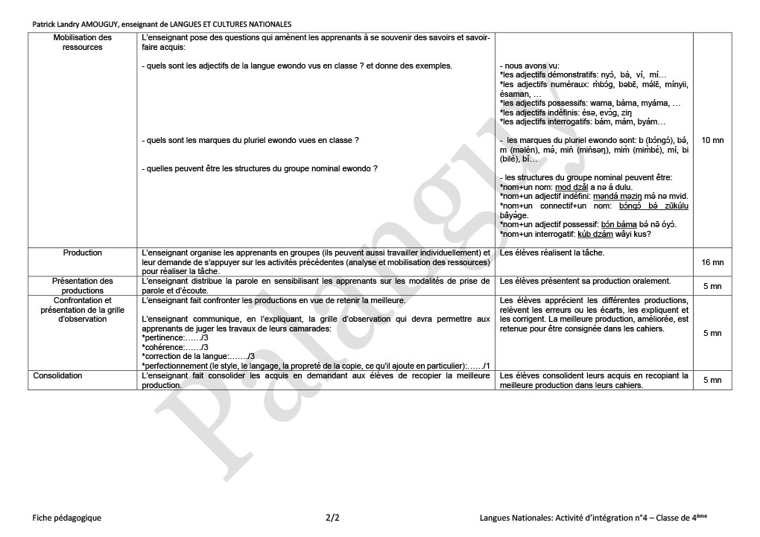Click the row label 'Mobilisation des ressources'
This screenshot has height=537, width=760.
[x=83, y=42]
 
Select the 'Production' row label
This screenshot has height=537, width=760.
[x=83, y=252]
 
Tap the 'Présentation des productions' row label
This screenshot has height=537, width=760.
[x=83, y=286]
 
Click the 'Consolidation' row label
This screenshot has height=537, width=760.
[x=57, y=375]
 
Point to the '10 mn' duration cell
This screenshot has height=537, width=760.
[x=712, y=140]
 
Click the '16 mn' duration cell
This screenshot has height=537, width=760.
[x=712, y=262]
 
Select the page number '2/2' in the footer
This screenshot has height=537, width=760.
[x=333, y=517]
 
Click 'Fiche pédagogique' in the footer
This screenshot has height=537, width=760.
[x=67, y=517]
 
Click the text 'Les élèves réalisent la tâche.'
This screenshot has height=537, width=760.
[x=552, y=253]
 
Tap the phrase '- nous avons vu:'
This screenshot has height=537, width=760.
[x=529, y=66]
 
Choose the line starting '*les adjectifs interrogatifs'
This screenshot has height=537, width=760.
[x=583, y=121]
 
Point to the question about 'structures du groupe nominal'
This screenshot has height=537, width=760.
[x=259, y=168]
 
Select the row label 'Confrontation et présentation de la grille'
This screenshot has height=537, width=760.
[x=83, y=310]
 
